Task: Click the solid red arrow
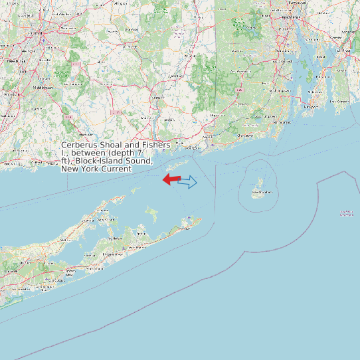172,179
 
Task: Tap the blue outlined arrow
189,181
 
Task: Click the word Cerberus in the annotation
82,145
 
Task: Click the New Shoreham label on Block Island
258,193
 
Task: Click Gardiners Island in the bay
152,214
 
